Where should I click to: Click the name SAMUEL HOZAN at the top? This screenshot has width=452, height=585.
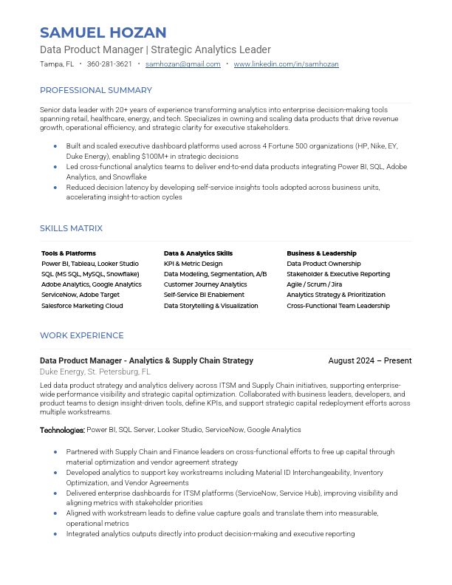(x=103, y=32)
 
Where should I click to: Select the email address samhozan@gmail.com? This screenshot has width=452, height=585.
(x=183, y=64)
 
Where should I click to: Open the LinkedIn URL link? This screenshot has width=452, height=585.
(x=286, y=64)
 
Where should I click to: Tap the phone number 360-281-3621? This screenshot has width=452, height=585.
(x=109, y=64)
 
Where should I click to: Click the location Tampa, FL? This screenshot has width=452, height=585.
(x=57, y=64)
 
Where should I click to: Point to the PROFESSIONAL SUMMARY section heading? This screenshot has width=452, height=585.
(x=96, y=90)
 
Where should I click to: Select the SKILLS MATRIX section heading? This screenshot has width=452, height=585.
(x=71, y=228)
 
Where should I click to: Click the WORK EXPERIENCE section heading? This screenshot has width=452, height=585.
(x=81, y=335)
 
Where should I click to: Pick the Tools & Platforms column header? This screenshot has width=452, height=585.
(x=69, y=253)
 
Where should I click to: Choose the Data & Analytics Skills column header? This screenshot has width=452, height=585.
(x=198, y=253)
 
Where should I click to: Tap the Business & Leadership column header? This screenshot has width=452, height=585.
(x=321, y=253)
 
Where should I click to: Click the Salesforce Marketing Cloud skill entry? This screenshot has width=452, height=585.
(x=82, y=306)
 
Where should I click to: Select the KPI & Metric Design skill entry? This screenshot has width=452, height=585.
(x=193, y=264)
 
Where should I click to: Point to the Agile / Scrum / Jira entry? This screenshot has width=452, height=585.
(x=315, y=284)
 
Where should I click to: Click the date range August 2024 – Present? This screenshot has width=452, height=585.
(x=369, y=360)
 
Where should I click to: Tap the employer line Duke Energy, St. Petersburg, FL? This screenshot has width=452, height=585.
(x=95, y=372)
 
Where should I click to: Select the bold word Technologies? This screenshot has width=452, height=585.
(x=62, y=430)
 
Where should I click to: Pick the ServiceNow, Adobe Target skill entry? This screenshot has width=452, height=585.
(x=81, y=295)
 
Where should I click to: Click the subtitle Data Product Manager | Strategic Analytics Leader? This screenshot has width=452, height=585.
(x=155, y=49)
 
